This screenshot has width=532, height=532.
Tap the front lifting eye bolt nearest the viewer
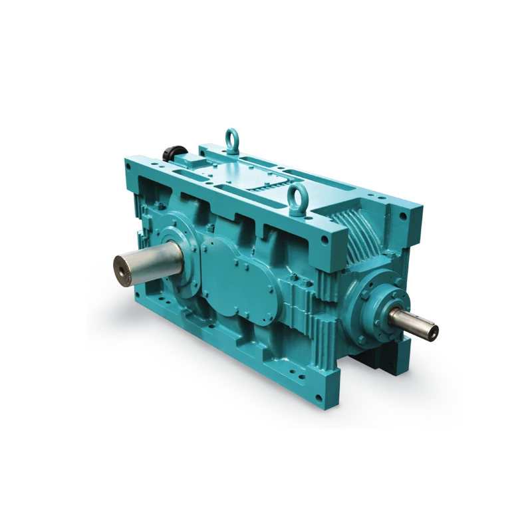(295, 196)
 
